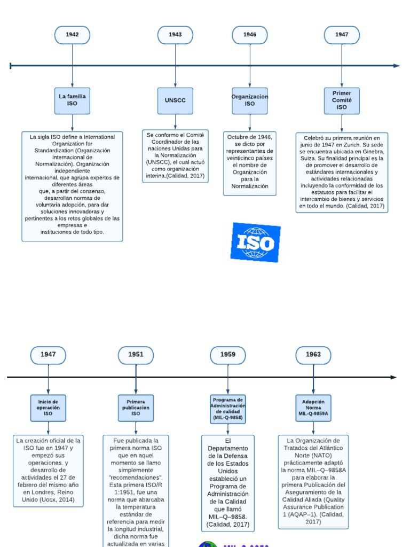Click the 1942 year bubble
(72, 35)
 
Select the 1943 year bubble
(175, 35)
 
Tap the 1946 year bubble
(249, 35)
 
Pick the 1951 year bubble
(136, 354)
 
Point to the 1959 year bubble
(228, 354)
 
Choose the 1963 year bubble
(313, 354)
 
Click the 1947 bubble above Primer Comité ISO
(342, 35)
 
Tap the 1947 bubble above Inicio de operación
(48, 354)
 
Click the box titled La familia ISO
(72, 100)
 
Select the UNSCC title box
(175, 100)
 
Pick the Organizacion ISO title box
(249, 100)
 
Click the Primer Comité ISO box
(342, 100)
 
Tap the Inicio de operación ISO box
(48, 408)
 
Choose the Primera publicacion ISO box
(136, 408)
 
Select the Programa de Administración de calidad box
(228, 409)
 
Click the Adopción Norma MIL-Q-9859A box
(313, 408)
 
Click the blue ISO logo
(255, 243)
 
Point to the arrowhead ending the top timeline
(397, 66)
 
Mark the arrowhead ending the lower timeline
(394, 378)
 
